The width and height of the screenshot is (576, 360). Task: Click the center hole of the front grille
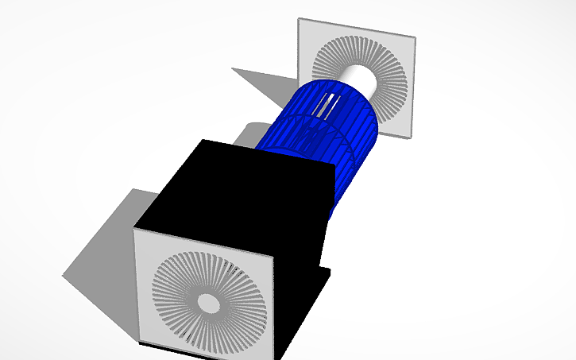click(208, 303)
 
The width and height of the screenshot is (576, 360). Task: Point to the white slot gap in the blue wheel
click(326, 105)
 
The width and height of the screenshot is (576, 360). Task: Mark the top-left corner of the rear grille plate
click(299, 19)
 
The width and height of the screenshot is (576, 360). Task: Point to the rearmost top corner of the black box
click(206, 141)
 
